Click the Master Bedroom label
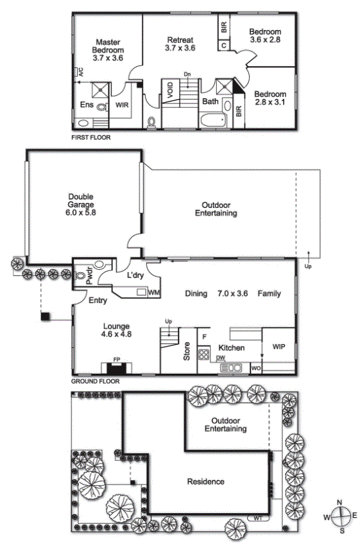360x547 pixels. coord(108,46)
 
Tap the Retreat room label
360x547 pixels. coord(180,40)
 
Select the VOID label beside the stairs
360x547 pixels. coord(170,90)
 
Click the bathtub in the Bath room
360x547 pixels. coord(213,121)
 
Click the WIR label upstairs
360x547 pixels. coord(122,105)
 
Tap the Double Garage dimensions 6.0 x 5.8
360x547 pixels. coord(81,212)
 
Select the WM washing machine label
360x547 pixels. coord(154,291)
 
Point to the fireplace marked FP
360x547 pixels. coord(116,368)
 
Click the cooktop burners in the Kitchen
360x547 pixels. coord(203,354)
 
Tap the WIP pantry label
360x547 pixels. coord(279,347)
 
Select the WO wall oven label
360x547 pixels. coord(256,368)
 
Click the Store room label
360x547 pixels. coord(187,351)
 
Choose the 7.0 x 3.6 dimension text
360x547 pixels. coord(233,293)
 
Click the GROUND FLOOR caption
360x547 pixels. coord(95,381)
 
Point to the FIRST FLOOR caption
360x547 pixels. coord(90,137)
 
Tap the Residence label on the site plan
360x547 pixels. coord(206,482)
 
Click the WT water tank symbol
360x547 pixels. coord(257,518)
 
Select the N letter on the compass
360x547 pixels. coord(339,502)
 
